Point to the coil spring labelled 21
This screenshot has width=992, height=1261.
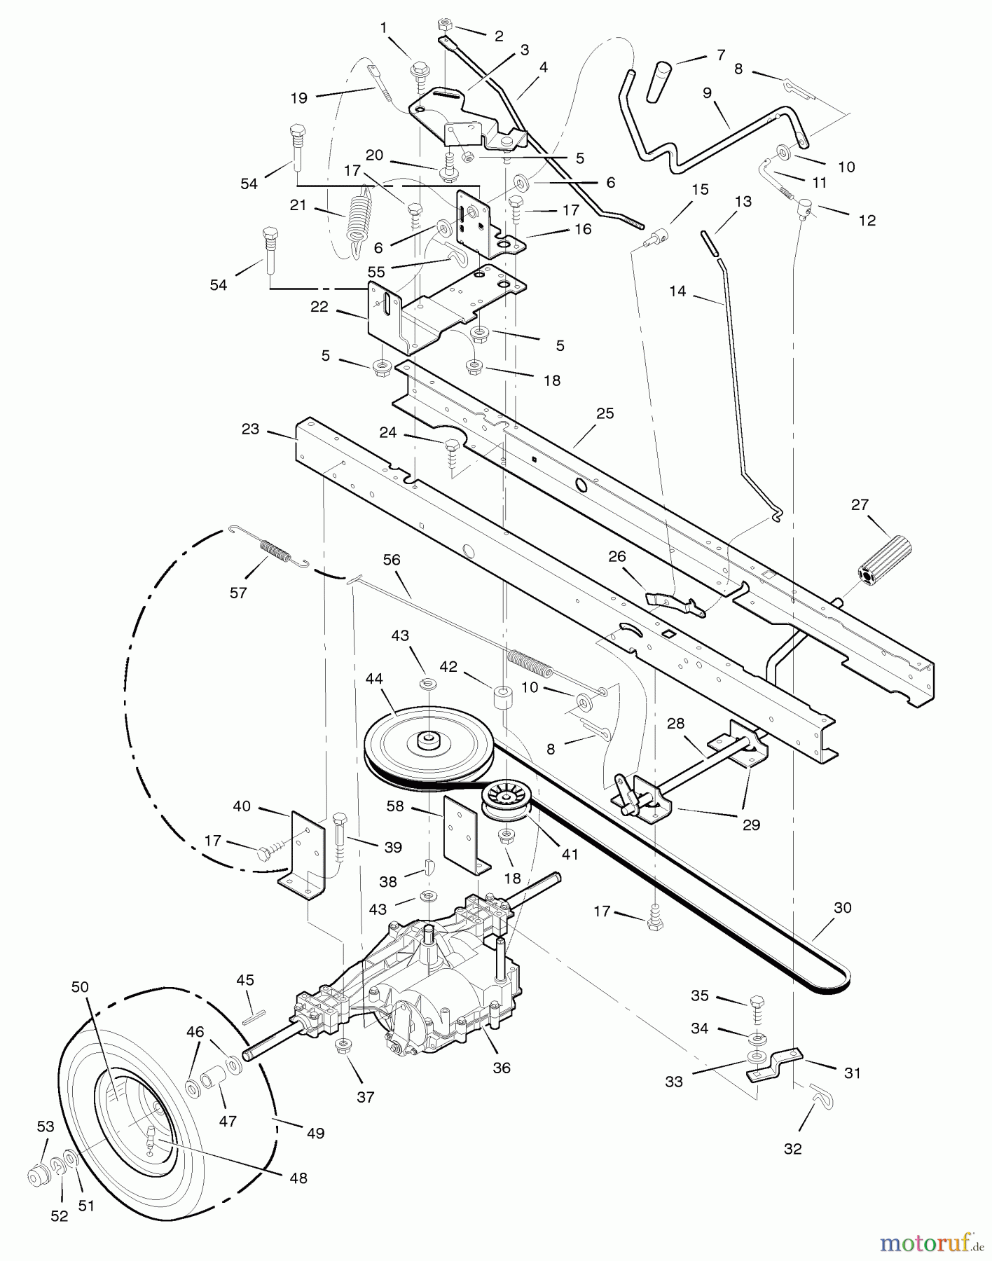tap(357, 213)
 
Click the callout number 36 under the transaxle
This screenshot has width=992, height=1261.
tap(502, 1068)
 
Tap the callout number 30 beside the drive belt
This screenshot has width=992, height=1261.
tap(843, 908)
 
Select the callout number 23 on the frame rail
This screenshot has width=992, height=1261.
tap(250, 429)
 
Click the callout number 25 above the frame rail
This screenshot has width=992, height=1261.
tap(605, 413)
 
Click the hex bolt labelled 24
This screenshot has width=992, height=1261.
tap(451, 449)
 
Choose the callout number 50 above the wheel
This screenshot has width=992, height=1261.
tap(80, 987)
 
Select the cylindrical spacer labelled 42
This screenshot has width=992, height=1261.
tap(503, 697)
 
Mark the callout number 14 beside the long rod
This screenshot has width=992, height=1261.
tap(677, 291)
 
